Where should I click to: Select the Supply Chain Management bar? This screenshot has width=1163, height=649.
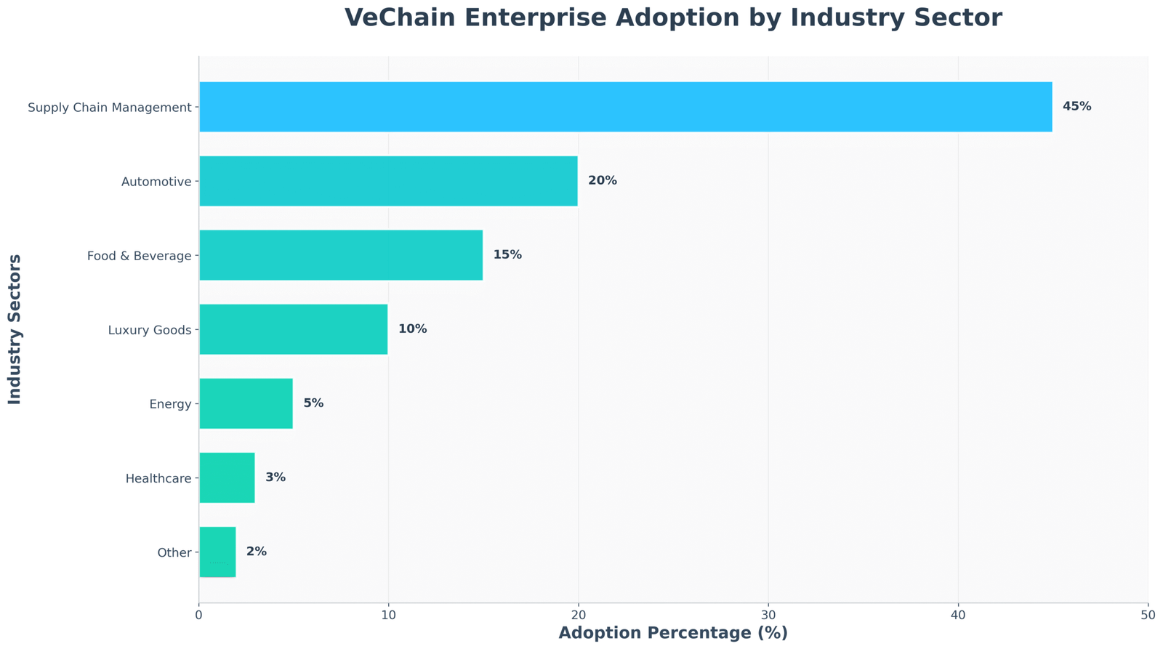[625, 107]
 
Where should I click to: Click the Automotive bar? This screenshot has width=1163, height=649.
[388, 181]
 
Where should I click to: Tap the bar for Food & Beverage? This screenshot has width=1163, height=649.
[340, 255]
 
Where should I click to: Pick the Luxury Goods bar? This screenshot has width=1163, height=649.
[293, 329]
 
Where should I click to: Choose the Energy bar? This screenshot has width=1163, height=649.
[246, 403]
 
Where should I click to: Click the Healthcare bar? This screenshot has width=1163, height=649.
[227, 477]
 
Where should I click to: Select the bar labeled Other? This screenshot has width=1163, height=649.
[217, 552]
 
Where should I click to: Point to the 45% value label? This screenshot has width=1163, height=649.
[1077, 107]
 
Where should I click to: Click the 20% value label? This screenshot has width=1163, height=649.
[602, 181]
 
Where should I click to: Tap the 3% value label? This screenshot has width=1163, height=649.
[275, 477]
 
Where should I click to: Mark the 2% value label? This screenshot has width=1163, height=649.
[256, 552]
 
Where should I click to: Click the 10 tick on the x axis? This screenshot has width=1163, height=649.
[388, 615]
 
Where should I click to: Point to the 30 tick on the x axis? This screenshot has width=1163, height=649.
[768, 615]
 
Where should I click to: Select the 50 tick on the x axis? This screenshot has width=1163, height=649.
[1148, 615]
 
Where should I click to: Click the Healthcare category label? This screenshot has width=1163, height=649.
[158, 479]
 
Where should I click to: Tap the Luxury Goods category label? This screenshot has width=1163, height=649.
[149, 331]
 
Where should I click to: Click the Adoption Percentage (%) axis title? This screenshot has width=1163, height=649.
[673, 633]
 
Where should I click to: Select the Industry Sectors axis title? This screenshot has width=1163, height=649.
[15, 329]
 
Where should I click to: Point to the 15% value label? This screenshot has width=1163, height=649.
[507, 255]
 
